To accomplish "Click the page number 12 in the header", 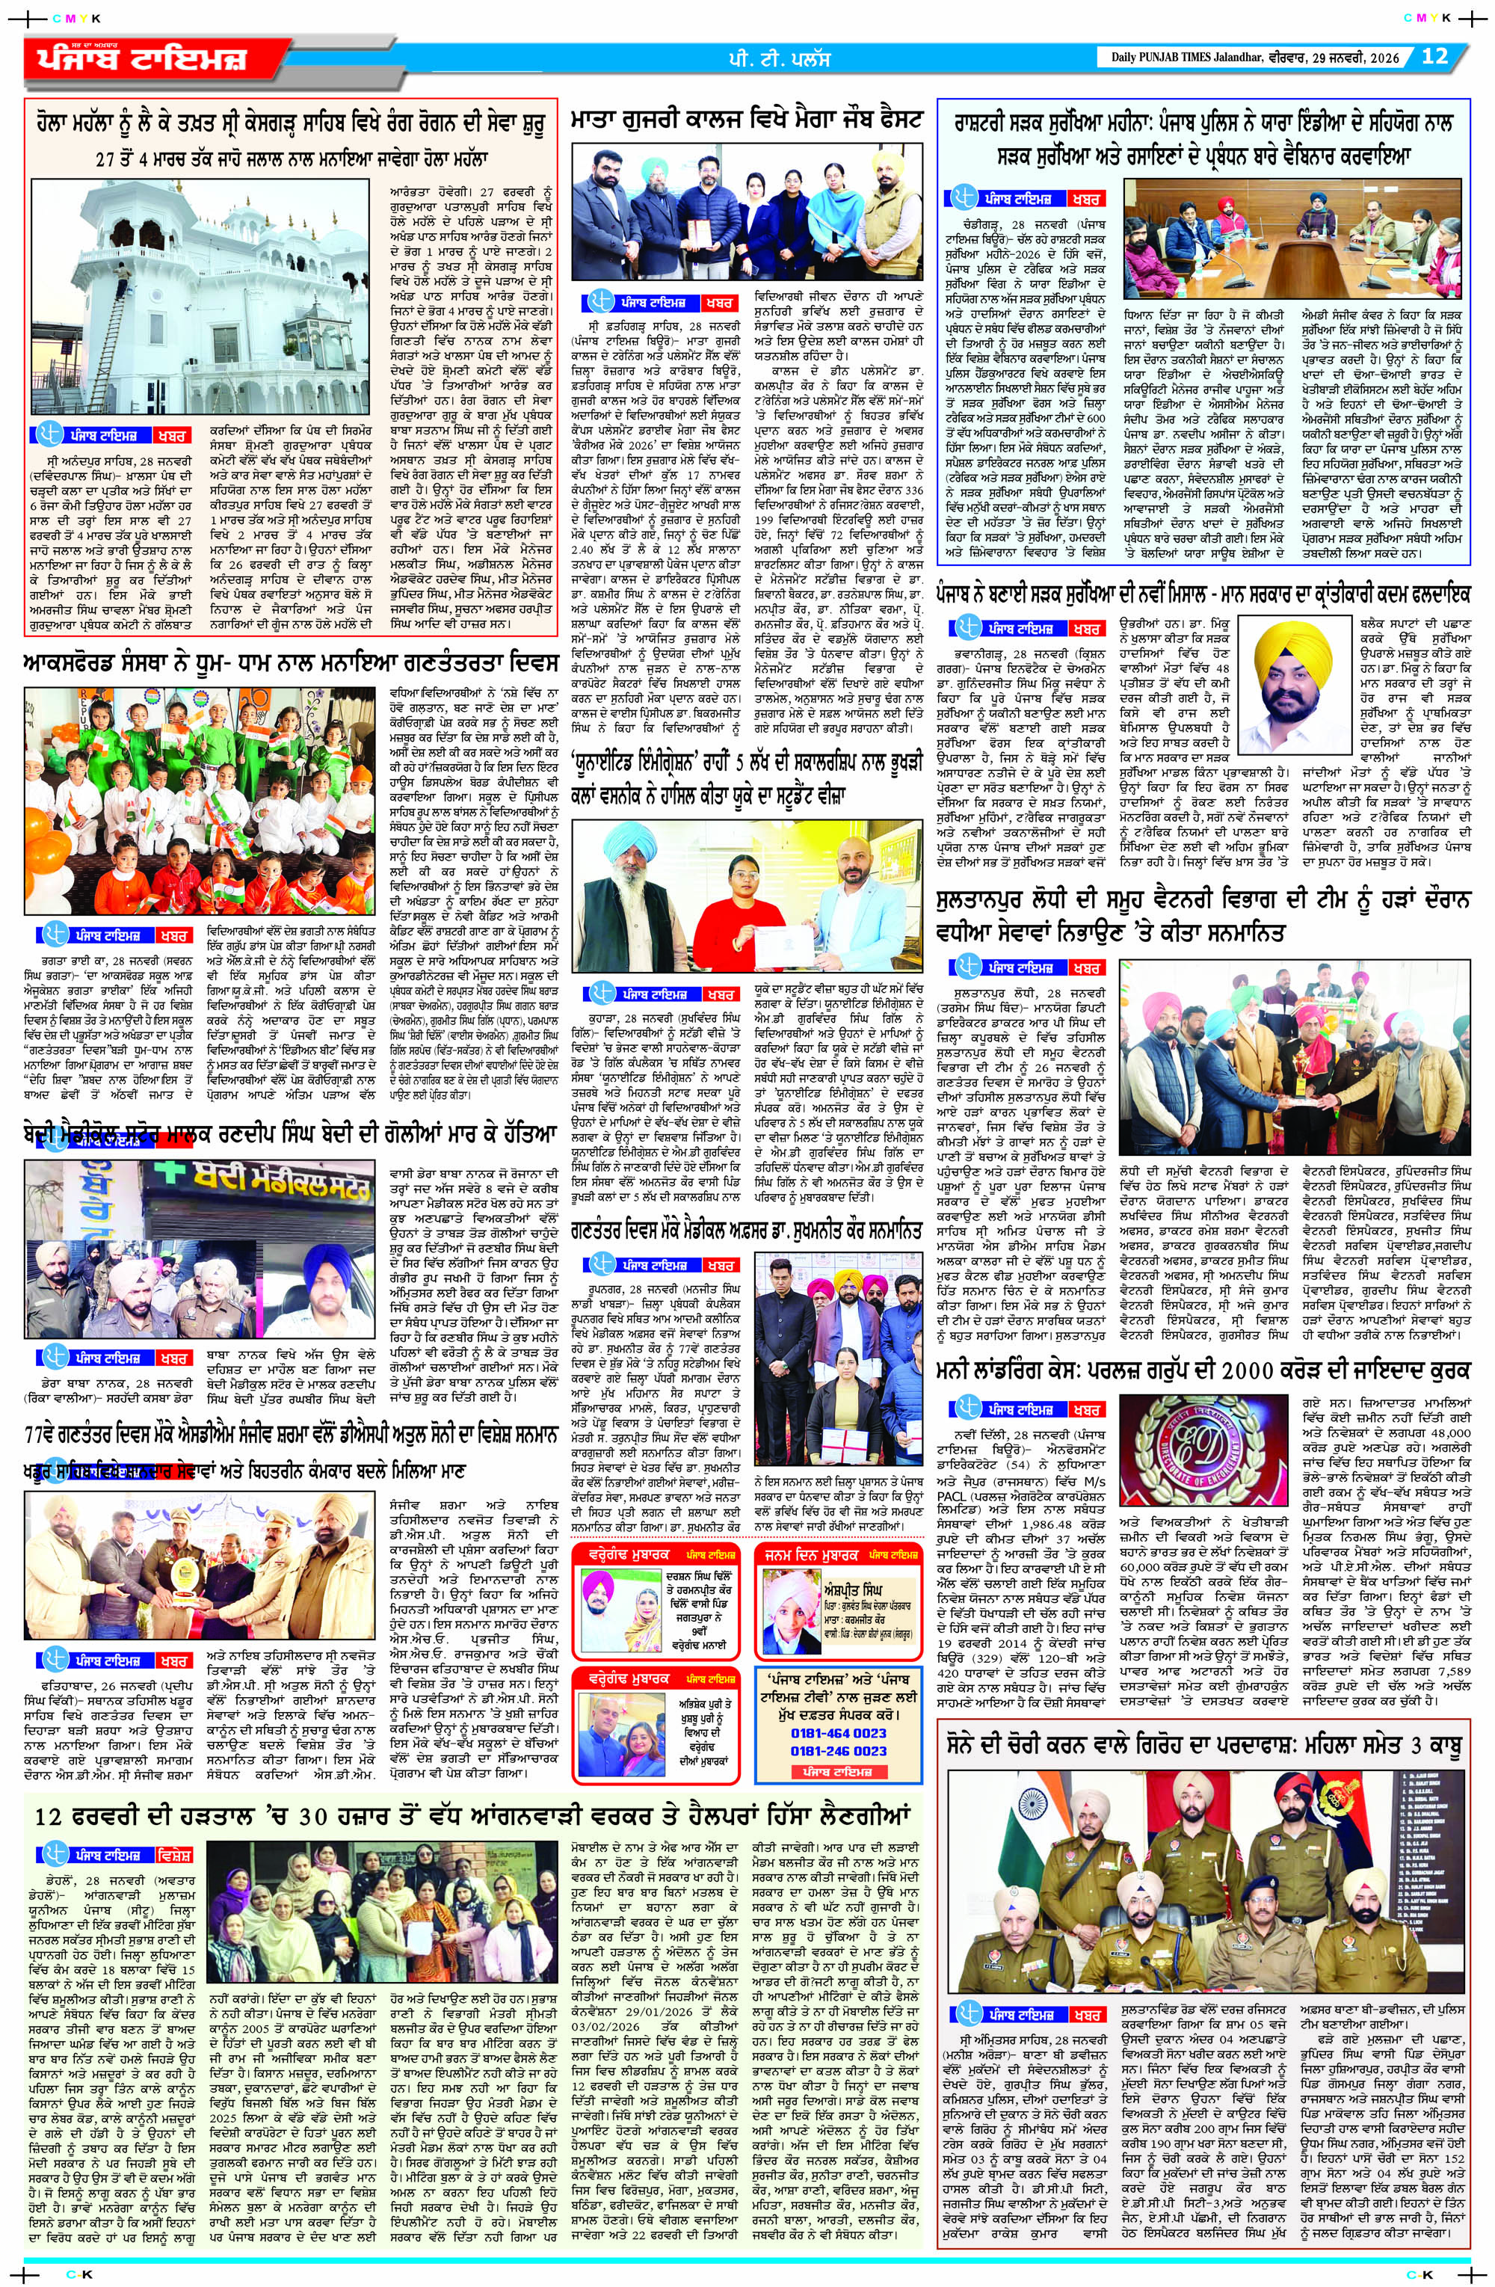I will point(1434,56).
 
